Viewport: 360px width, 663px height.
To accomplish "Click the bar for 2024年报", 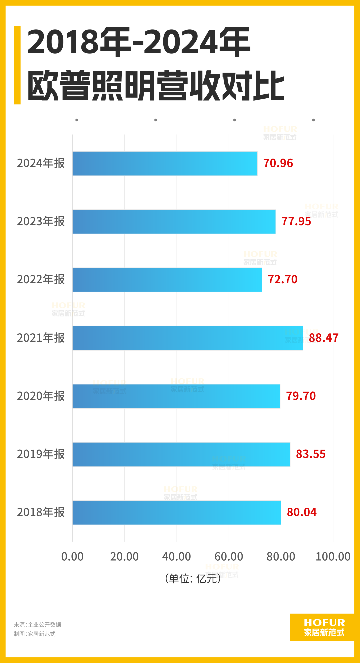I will pyautogui.click(x=165, y=163).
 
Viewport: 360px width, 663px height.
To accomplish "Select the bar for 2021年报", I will pyautogui.click(x=187, y=338).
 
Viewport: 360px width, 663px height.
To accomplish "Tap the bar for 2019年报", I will pyautogui.click(x=181, y=454).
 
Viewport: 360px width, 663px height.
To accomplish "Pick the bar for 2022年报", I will pyautogui.click(x=167, y=280).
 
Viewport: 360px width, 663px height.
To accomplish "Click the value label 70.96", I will pyautogui.click(x=278, y=163).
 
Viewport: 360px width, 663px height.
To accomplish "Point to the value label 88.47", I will pyautogui.click(x=323, y=338).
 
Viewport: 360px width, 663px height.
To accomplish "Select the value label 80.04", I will pyautogui.click(x=301, y=512).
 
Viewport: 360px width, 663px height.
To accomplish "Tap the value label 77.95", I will pyautogui.click(x=296, y=221).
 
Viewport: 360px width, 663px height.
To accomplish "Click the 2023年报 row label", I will pyautogui.click(x=41, y=221).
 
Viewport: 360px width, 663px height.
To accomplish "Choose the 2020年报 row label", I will pyautogui.click(x=41, y=396).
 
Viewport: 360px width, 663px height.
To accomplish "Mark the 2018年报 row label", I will pyautogui.click(x=41, y=512).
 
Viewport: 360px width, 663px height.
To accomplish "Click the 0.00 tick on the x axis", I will pyautogui.click(x=72, y=557).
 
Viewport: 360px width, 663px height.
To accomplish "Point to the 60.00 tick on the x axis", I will pyautogui.click(x=229, y=557).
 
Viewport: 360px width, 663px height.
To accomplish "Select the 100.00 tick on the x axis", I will pyautogui.click(x=333, y=557).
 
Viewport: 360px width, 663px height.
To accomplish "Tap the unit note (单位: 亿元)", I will pyautogui.click(x=193, y=578).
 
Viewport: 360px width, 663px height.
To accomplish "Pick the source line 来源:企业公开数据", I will pyautogui.click(x=37, y=625).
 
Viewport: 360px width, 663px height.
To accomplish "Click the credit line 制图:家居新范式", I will pyautogui.click(x=35, y=634).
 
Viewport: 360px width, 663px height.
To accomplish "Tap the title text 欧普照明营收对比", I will pyautogui.click(x=156, y=86).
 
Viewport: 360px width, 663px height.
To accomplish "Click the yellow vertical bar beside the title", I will pyautogui.click(x=17, y=65).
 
